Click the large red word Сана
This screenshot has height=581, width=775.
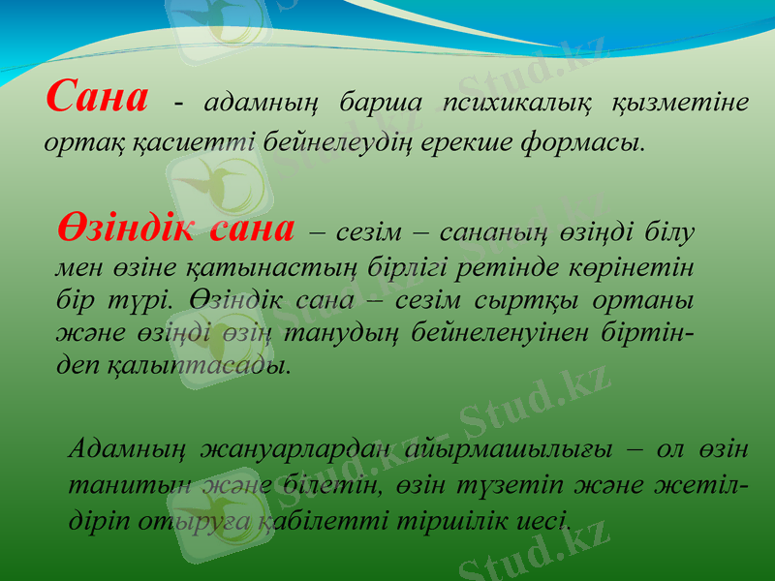click(x=97, y=97)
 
